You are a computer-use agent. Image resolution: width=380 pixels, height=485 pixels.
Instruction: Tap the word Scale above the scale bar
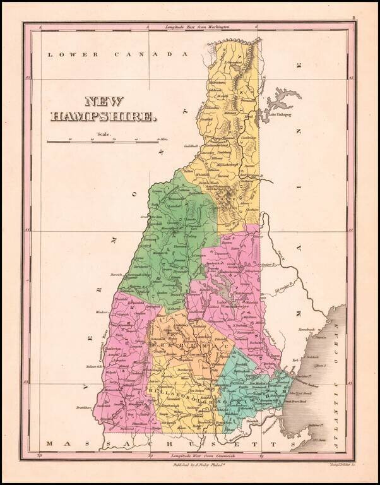[104, 134]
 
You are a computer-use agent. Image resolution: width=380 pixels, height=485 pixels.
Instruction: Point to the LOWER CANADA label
[119, 55]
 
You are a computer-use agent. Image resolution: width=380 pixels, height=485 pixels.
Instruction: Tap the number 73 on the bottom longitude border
[41, 454]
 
